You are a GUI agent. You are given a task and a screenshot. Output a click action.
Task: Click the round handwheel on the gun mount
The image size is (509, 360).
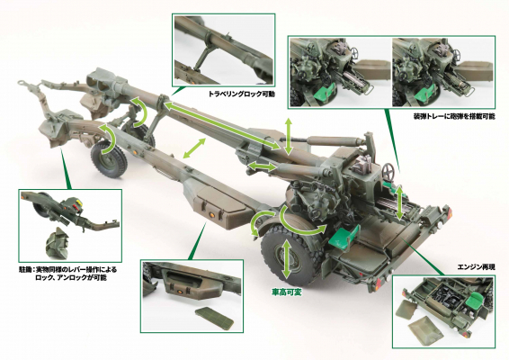388,171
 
